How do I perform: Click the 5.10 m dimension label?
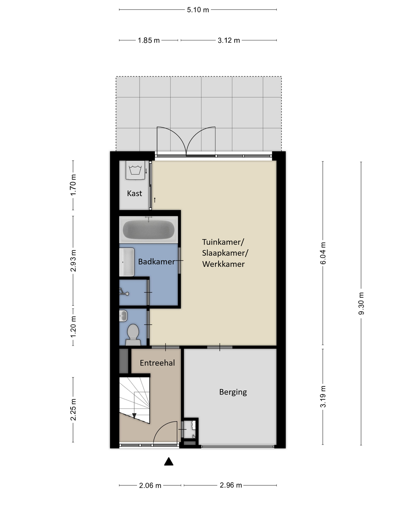[198, 10]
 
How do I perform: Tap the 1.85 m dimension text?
[149, 40]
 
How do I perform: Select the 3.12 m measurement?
[229, 40]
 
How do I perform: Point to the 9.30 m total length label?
[361, 303]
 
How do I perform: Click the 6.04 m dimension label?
[323, 253]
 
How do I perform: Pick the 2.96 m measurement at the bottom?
[231, 485]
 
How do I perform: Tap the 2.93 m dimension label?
[73, 261]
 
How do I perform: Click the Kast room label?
[135, 193]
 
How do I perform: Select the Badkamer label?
[156, 262]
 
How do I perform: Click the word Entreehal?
[157, 363]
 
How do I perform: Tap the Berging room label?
[233, 392]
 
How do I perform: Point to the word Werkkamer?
[223, 264]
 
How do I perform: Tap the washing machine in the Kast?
[135, 170]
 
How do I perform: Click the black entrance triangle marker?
[169, 461]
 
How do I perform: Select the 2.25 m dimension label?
[73, 410]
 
